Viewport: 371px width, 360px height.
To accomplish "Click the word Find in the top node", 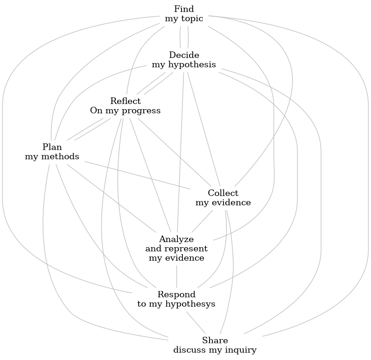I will tap(184, 9).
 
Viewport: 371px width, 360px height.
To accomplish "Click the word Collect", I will tap(223, 193).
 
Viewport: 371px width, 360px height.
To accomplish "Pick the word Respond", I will tap(176, 294).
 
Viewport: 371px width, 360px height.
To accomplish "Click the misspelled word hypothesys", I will tap(192, 304).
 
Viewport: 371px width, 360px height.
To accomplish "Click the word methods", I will tap(58, 157).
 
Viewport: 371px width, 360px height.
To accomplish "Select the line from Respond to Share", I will tap(196, 321).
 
